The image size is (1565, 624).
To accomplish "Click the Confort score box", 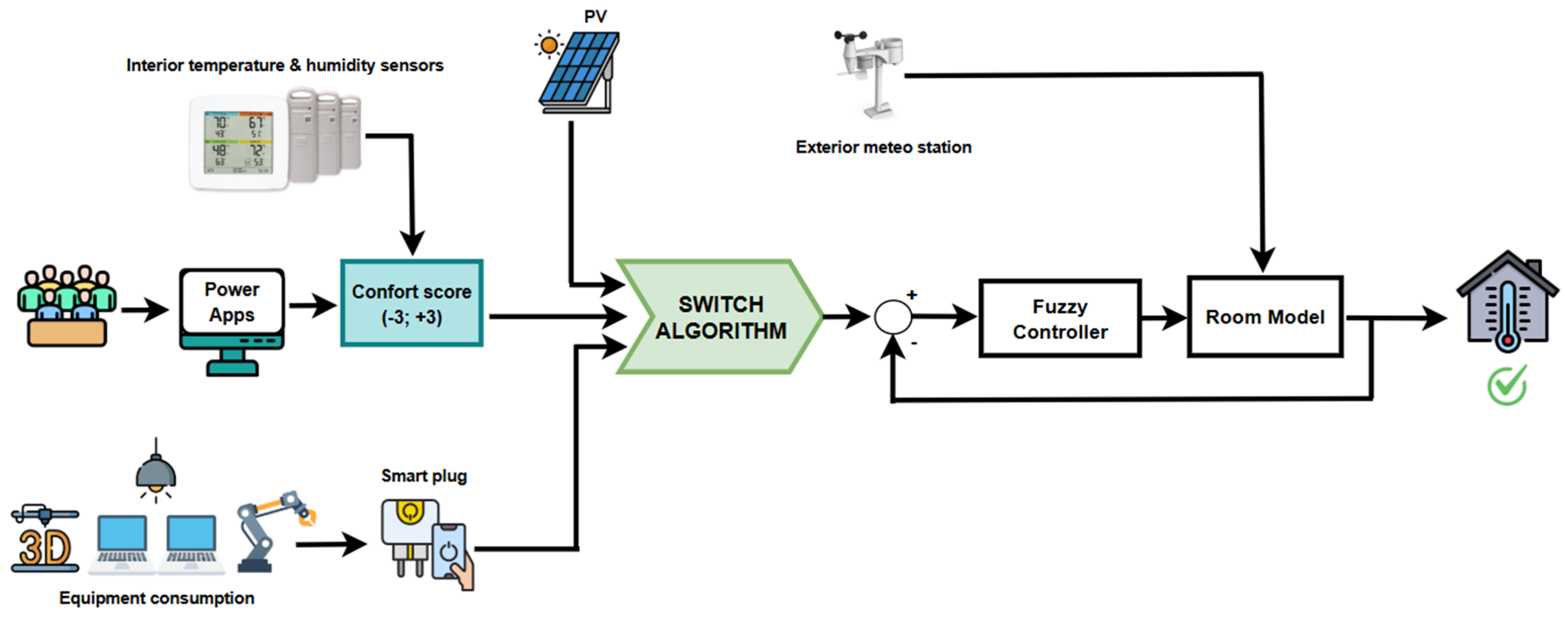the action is (412, 303).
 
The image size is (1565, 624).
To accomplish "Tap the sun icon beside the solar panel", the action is (549, 44).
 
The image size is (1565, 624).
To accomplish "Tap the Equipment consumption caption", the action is (157, 598).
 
